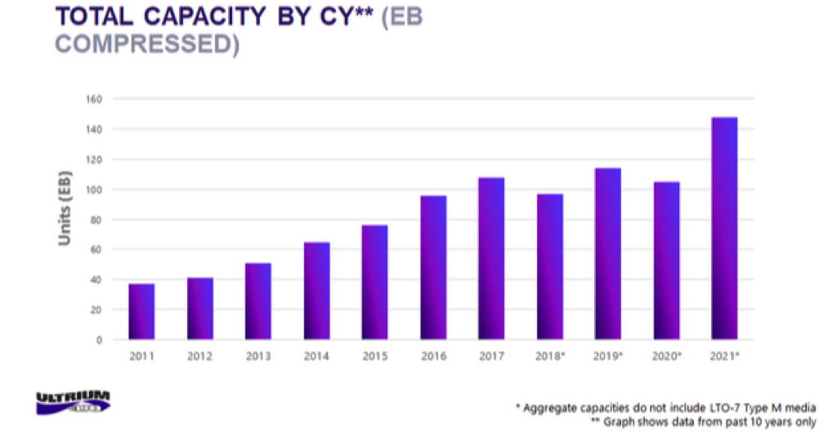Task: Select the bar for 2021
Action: (724, 229)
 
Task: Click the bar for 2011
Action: (141, 311)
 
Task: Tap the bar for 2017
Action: (491, 258)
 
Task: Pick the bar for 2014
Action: (316, 291)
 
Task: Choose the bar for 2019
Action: (608, 253)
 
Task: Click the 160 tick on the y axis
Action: (92, 100)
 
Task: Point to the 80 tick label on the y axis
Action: (95, 220)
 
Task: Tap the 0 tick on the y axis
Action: (99, 340)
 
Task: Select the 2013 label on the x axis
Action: (257, 356)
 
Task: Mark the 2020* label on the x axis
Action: (667, 356)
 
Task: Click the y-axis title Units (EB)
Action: (65, 208)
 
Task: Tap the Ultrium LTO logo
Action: (73, 403)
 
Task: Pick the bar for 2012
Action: (199, 309)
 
